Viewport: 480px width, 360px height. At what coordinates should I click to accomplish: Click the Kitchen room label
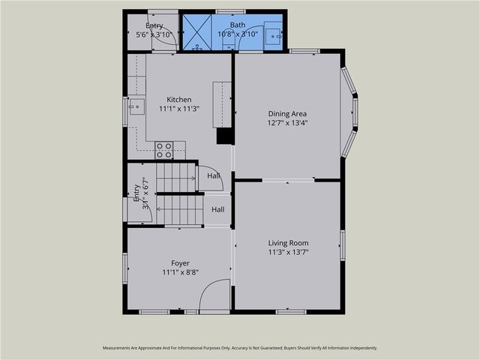pos(178,99)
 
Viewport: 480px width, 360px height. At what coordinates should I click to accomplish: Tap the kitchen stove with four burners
pos(164,149)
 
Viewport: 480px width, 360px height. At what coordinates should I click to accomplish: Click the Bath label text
pos(237,25)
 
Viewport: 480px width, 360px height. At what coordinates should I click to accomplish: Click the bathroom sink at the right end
pos(274,34)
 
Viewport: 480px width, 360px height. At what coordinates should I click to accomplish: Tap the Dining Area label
pos(288,114)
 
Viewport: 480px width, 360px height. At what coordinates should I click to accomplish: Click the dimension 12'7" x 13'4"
pos(288,123)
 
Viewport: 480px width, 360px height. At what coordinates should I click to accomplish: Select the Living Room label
pos(288,243)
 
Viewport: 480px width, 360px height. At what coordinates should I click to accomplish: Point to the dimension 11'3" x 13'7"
pos(288,252)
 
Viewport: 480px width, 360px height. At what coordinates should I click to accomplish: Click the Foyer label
pos(180,263)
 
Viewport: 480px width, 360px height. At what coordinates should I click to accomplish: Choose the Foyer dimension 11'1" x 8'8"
pos(180,272)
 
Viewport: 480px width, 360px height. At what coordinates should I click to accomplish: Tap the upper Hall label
pos(214,176)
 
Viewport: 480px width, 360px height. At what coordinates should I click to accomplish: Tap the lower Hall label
pos(217,209)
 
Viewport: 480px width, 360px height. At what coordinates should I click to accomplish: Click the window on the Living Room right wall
pos(342,244)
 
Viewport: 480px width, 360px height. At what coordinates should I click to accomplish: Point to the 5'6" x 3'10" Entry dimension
pos(154,34)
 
